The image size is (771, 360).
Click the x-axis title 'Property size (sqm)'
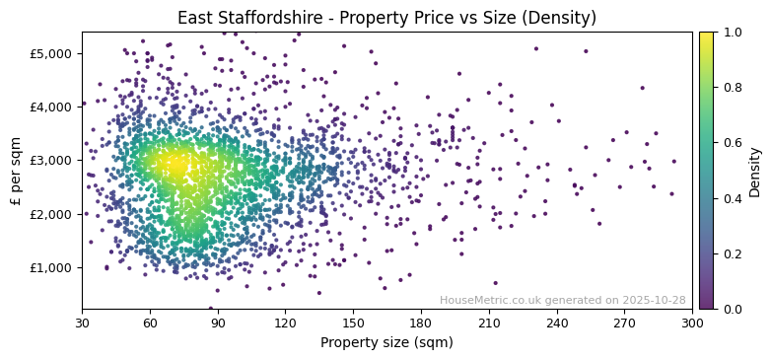386,343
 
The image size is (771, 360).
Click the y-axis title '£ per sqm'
16,170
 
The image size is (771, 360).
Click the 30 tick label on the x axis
82,323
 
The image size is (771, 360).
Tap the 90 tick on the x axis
218,323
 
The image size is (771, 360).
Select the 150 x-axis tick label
353,323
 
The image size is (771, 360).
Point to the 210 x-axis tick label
489,323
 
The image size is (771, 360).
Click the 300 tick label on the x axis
692,323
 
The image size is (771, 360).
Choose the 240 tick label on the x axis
557,323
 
